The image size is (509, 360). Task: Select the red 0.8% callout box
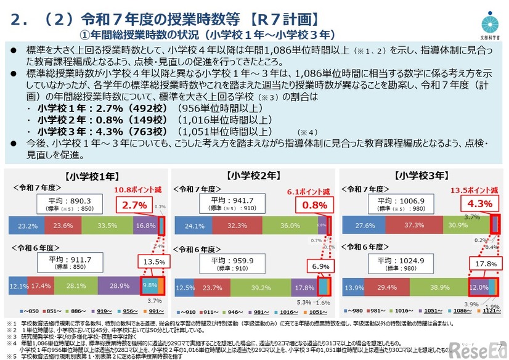315,205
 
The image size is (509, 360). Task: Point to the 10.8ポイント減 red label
139,190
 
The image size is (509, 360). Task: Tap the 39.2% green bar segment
253,287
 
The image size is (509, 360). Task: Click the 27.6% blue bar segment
367,226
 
